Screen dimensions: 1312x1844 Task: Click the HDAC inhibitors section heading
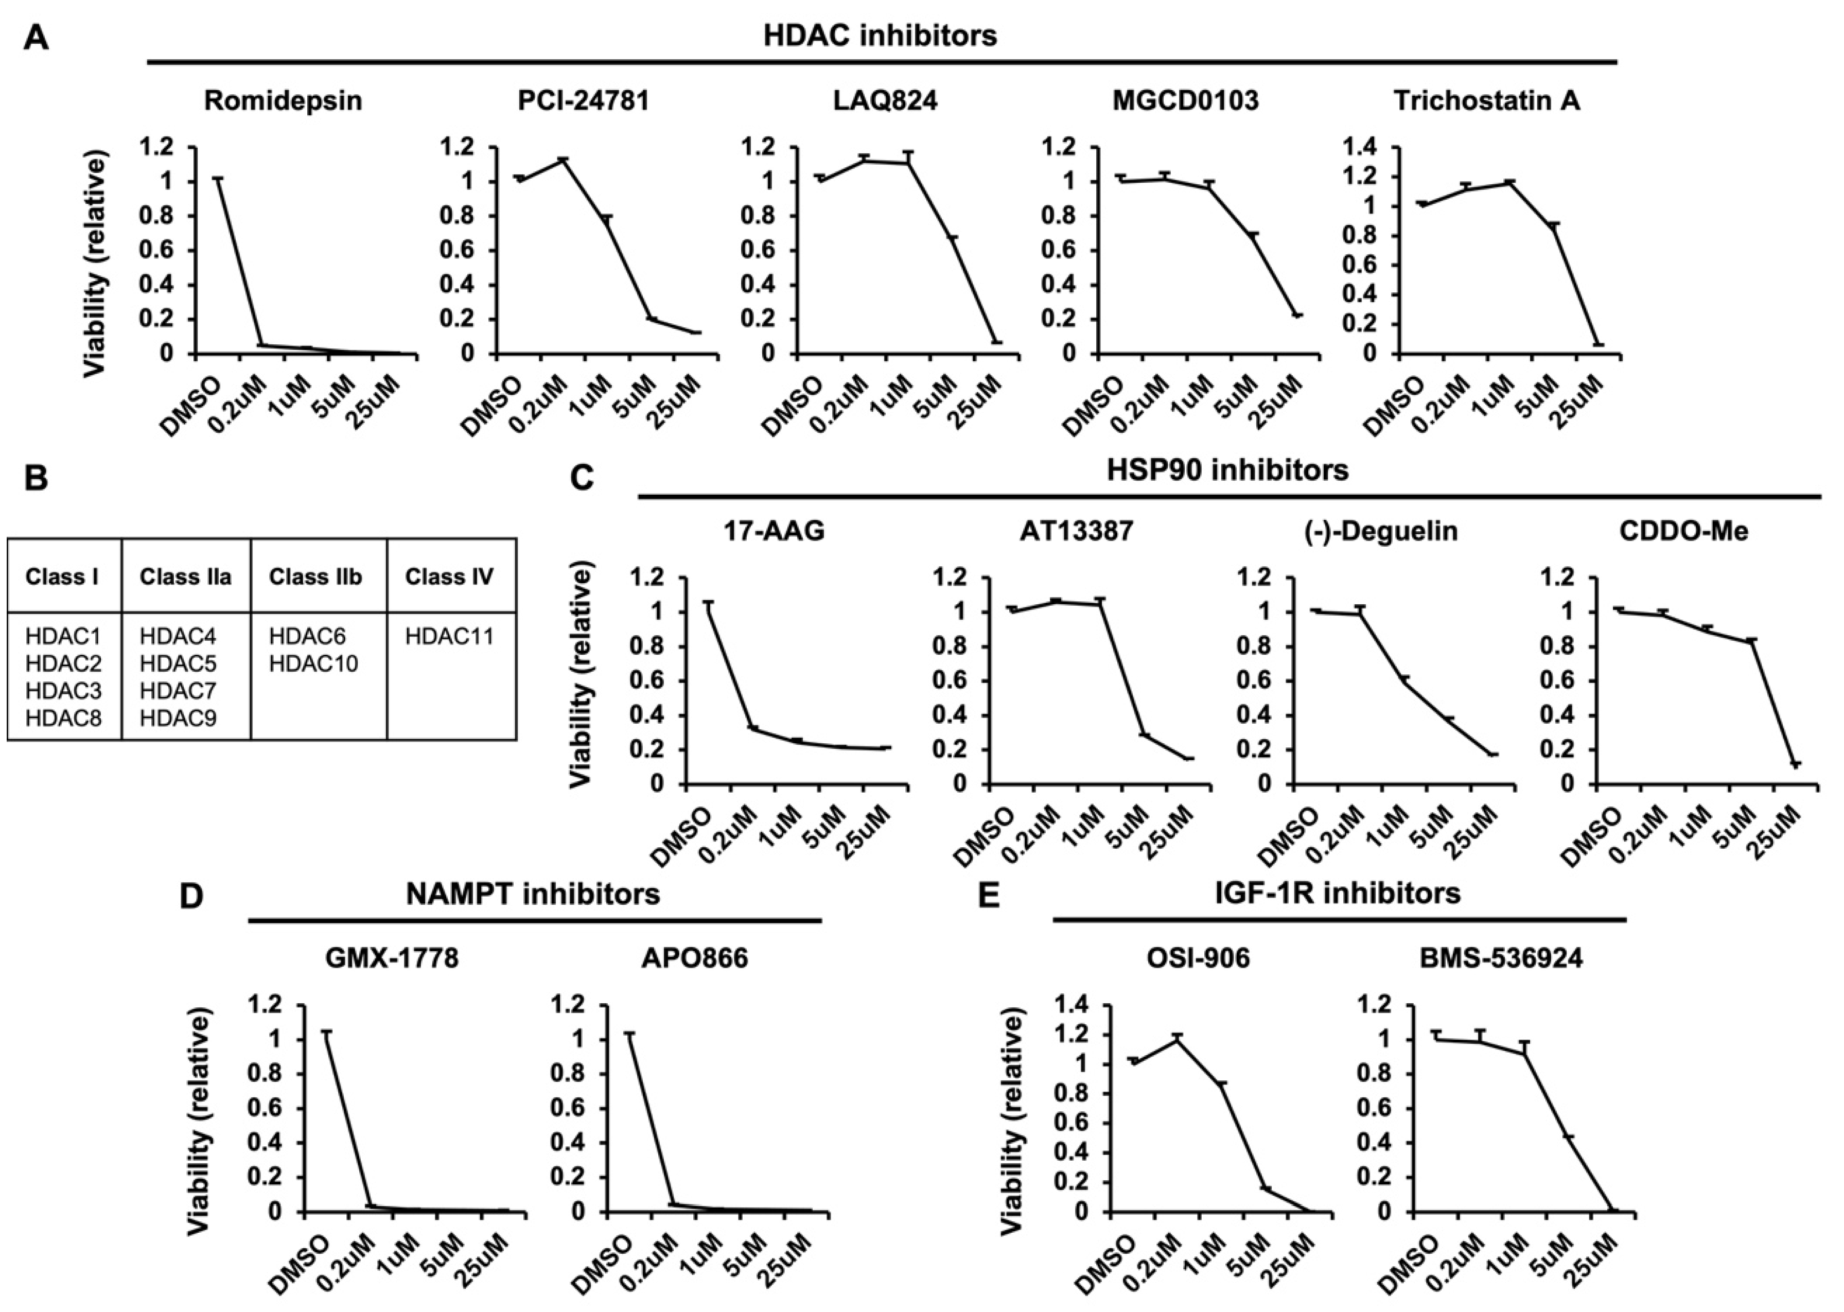pyautogui.click(x=881, y=36)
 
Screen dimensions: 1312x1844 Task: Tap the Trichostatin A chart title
pyautogui.click(x=1486, y=101)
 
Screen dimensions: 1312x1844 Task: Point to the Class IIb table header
pyautogui.click(x=316, y=577)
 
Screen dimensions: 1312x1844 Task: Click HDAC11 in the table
pyautogui.click(x=449, y=637)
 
